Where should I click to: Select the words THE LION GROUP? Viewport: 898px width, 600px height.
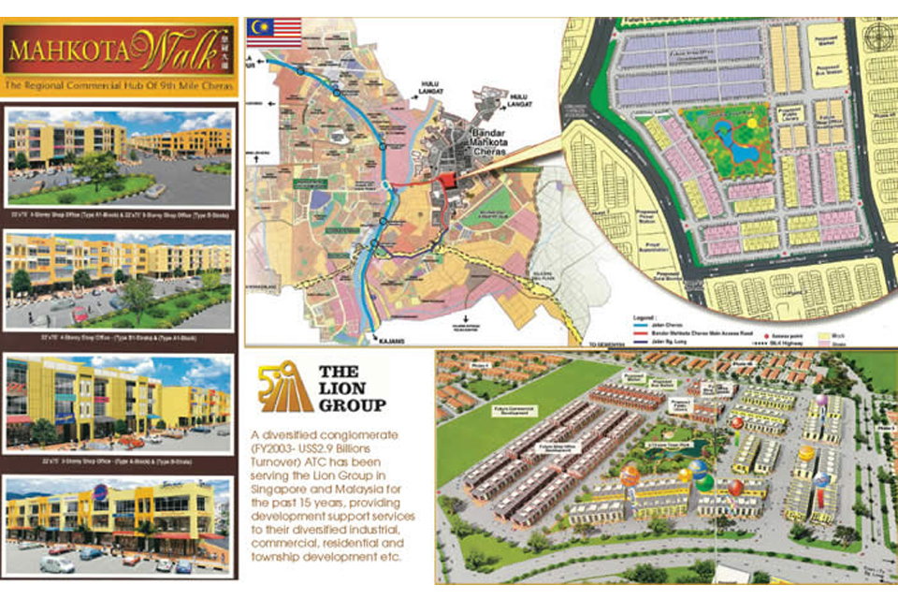pos(352,388)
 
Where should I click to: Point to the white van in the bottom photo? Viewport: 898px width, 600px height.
pos(56,564)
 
